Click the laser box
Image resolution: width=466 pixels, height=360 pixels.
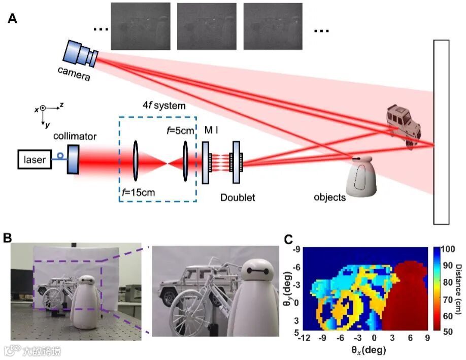pyautogui.click(x=35, y=160)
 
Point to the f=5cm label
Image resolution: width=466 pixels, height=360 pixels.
pyautogui.click(x=180, y=130)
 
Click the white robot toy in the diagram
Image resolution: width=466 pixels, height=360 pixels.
pyautogui.click(x=361, y=178)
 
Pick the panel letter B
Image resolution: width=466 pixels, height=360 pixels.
pyautogui.click(x=9, y=237)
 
